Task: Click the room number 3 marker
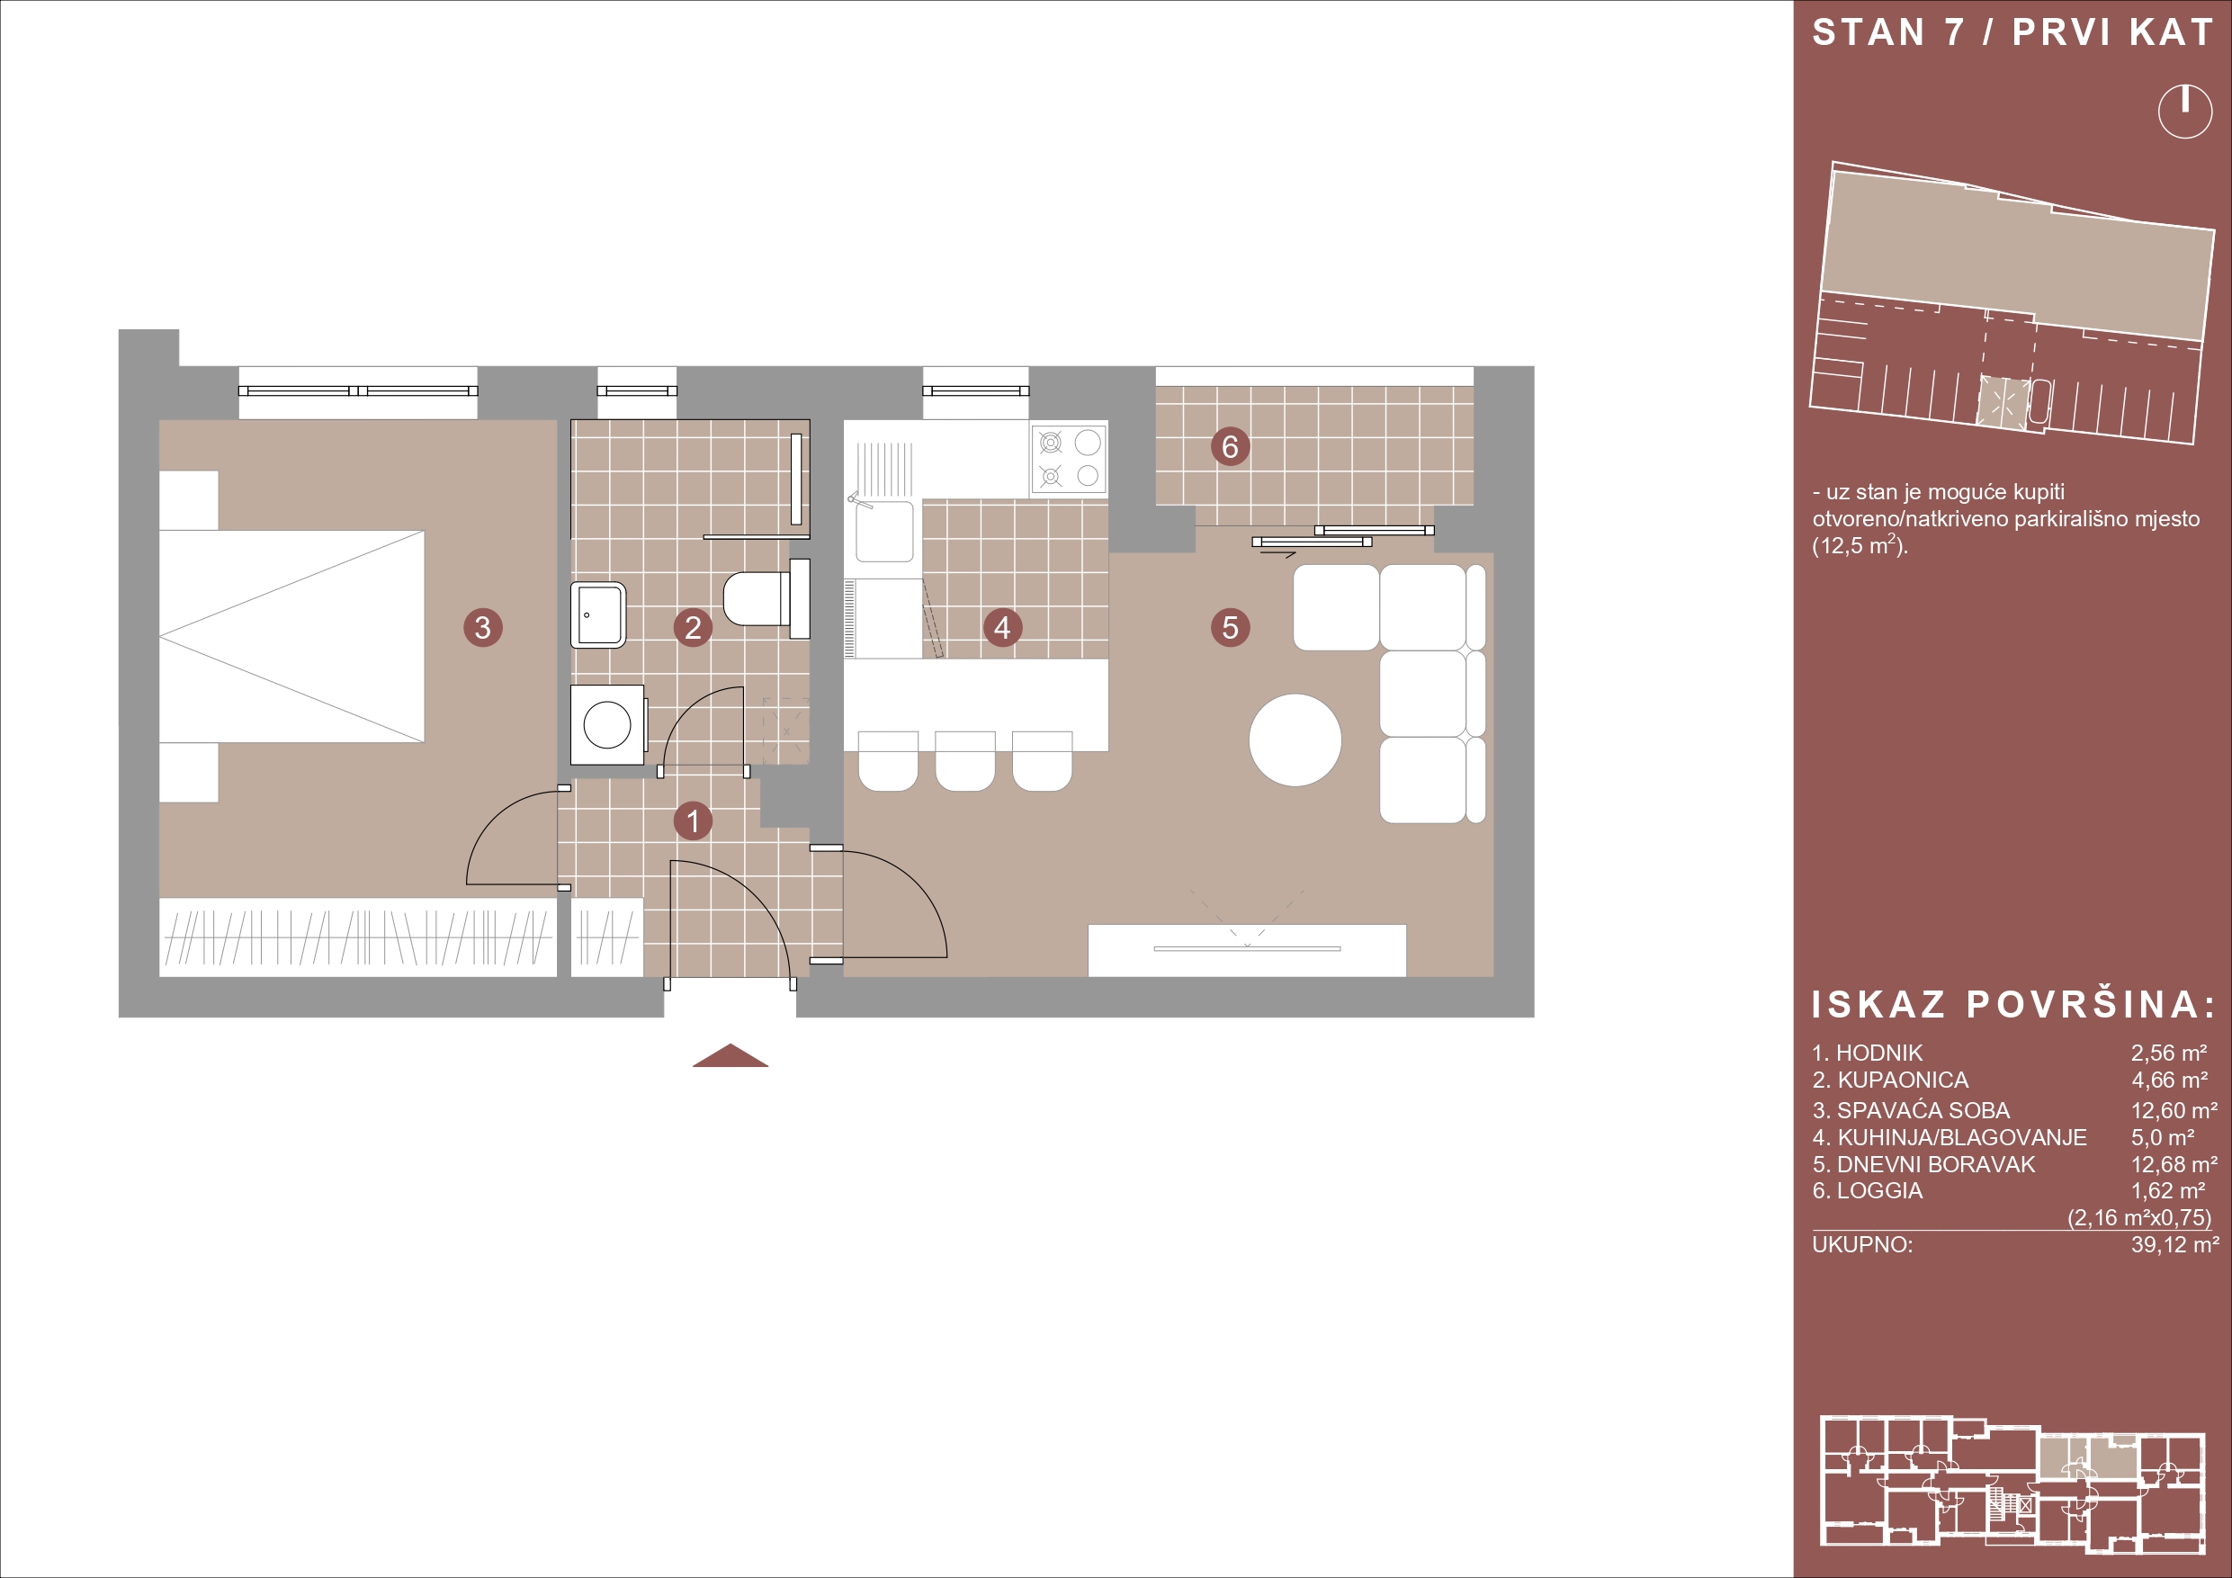click(x=483, y=627)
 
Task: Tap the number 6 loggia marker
click(x=1230, y=446)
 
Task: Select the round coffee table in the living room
click(x=1295, y=739)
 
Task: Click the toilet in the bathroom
click(x=768, y=592)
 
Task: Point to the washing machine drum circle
click(x=606, y=724)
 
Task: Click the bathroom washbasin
click(x=598, y=614)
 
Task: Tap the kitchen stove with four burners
click(x=1069, y=458)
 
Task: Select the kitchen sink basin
click(x=883, y=531)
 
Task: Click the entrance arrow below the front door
click(x=731, y=1055)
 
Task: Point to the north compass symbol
click(x=2184, y=112)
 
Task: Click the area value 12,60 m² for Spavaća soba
click(x=2174, y=1110)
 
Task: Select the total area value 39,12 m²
click(x=2174, y=1244)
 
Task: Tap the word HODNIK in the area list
click(x=1879, y=1053)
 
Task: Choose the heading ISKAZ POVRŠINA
click(x=2013, y=1005)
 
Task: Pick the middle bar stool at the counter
click(x=964, y=761)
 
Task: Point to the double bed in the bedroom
click(x=291, y=637)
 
